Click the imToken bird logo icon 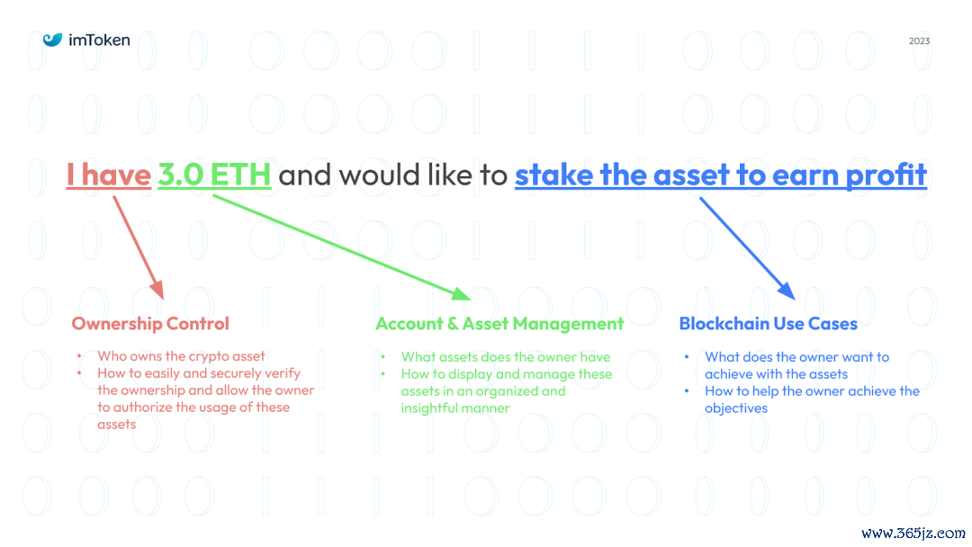tap(53, 40)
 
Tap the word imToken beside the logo tap(99, 40)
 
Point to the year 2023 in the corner tap(919, 41)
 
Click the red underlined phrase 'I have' tap(108, 175)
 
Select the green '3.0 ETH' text tap(214, 175)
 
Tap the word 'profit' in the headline tap(886, 175)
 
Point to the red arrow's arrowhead tap(157, 290)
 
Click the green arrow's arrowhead tap(460, 293)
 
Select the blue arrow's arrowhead tap(786, 289)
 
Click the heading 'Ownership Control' tap(150, 324)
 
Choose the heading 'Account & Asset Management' tap(499, 324)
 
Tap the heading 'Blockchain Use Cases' tap(768, 324)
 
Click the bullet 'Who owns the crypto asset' tap(181, 356)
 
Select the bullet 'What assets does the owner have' tap(505, 357)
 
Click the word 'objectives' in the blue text tap(736, 408)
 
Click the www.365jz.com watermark tap(913, 533)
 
